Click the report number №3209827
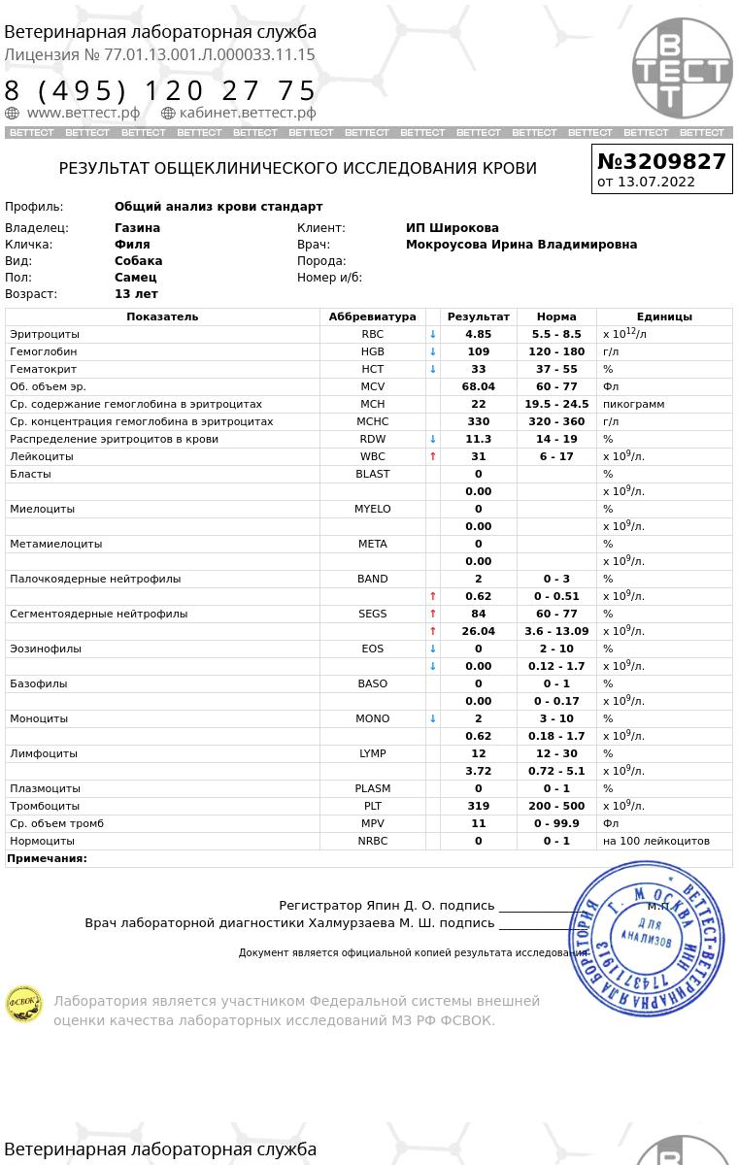[661, 161]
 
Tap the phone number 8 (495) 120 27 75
[160, 90]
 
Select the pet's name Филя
[132, 245]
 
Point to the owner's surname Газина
[137, 228]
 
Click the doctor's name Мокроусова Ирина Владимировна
[520, 245]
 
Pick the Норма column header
[556, 316]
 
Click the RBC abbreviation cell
[372, 334]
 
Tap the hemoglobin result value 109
[478, 351]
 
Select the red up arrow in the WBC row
[433, 456]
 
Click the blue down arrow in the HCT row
[433, 369]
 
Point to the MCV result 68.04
[478, 386]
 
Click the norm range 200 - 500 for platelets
[556, 806]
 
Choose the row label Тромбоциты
[45, 806]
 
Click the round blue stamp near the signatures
[647, 939]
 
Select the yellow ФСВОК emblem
[24, 1004]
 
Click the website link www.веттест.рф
[83, 113]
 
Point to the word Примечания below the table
[47, 858]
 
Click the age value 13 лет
[136, 294]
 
